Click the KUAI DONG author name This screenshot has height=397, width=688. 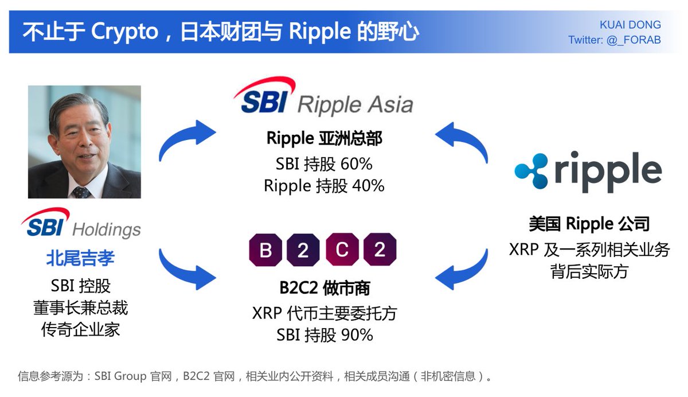(x=630, y=25)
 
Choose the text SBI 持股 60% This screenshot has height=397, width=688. (x=324, y=164)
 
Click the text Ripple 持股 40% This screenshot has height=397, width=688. (x=324, y=186)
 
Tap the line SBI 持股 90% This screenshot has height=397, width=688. (x=324, y=335)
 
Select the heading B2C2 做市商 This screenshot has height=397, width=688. (x=324, y=287)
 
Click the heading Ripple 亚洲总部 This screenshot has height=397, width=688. (x=324, y=138)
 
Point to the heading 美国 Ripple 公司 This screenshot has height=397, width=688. (x=589, y=224)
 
